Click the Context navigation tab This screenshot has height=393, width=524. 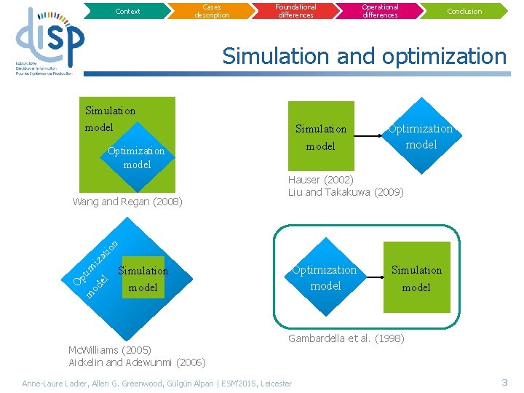(127, 11)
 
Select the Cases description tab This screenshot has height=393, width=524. (212, 11)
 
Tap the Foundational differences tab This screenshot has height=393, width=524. (295, 10)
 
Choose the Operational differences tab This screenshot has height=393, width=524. (380, 10)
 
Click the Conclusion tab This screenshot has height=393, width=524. (464, 11)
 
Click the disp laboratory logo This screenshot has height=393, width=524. (49, 43)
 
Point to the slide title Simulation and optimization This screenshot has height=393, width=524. (364, 56)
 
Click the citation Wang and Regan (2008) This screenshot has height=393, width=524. (127, 202)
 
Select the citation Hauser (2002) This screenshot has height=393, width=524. (321, 180)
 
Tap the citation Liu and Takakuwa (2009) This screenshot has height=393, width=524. (346, 192)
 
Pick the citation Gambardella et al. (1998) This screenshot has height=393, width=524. (346, 338)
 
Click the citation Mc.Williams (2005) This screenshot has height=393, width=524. (109, 350)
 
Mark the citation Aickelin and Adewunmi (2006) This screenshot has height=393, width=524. (137, 362)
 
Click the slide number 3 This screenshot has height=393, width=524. (504, 382)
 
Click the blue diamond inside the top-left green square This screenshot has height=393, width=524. (137, 157)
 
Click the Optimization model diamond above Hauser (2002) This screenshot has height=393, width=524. (420, 136)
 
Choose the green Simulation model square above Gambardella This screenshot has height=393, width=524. (416, 278)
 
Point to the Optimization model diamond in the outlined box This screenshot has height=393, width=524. (325, 277)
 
